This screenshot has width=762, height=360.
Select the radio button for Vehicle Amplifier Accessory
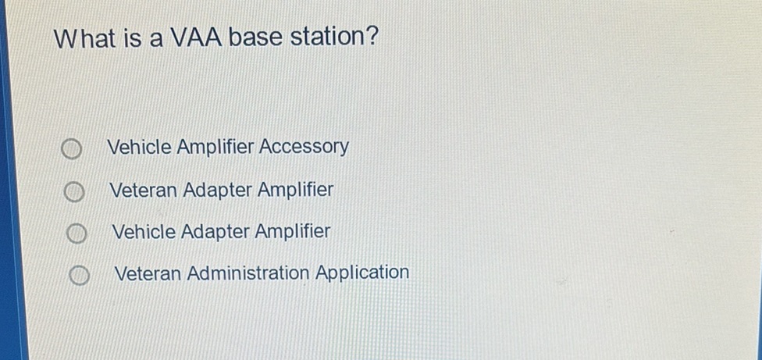(x=71, y=150)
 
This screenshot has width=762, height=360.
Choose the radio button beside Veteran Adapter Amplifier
(x=73, y=192)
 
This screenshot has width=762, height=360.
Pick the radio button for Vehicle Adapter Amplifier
(x=75, y=233)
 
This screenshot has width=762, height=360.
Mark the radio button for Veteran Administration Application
(x=77, y=276)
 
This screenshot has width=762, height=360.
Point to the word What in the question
(x=85, y=38)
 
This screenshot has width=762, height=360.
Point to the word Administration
(x=248, y=273)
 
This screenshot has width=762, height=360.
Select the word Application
(x=362, y=273)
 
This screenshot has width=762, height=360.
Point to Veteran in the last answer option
(x=148, y=274)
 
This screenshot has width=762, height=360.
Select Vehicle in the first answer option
(x=139, y=147)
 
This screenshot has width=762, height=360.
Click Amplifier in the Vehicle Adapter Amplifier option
(x=294, y=232)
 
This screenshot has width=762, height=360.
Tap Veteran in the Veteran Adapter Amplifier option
(x=144, y=191)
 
